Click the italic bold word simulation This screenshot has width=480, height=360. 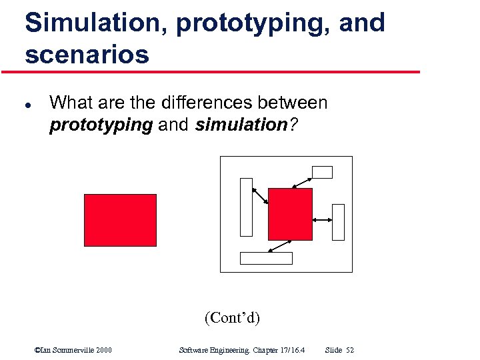241,125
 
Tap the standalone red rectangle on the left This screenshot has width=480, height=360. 120,220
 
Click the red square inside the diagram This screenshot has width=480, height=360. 290,214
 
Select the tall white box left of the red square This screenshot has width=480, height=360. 247,207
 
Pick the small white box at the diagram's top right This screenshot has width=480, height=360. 322,172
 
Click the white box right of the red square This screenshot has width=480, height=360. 338,221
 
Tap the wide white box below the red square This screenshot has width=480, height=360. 266,258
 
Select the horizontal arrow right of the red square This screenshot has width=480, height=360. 322,220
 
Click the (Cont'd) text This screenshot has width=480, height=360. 232,317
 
